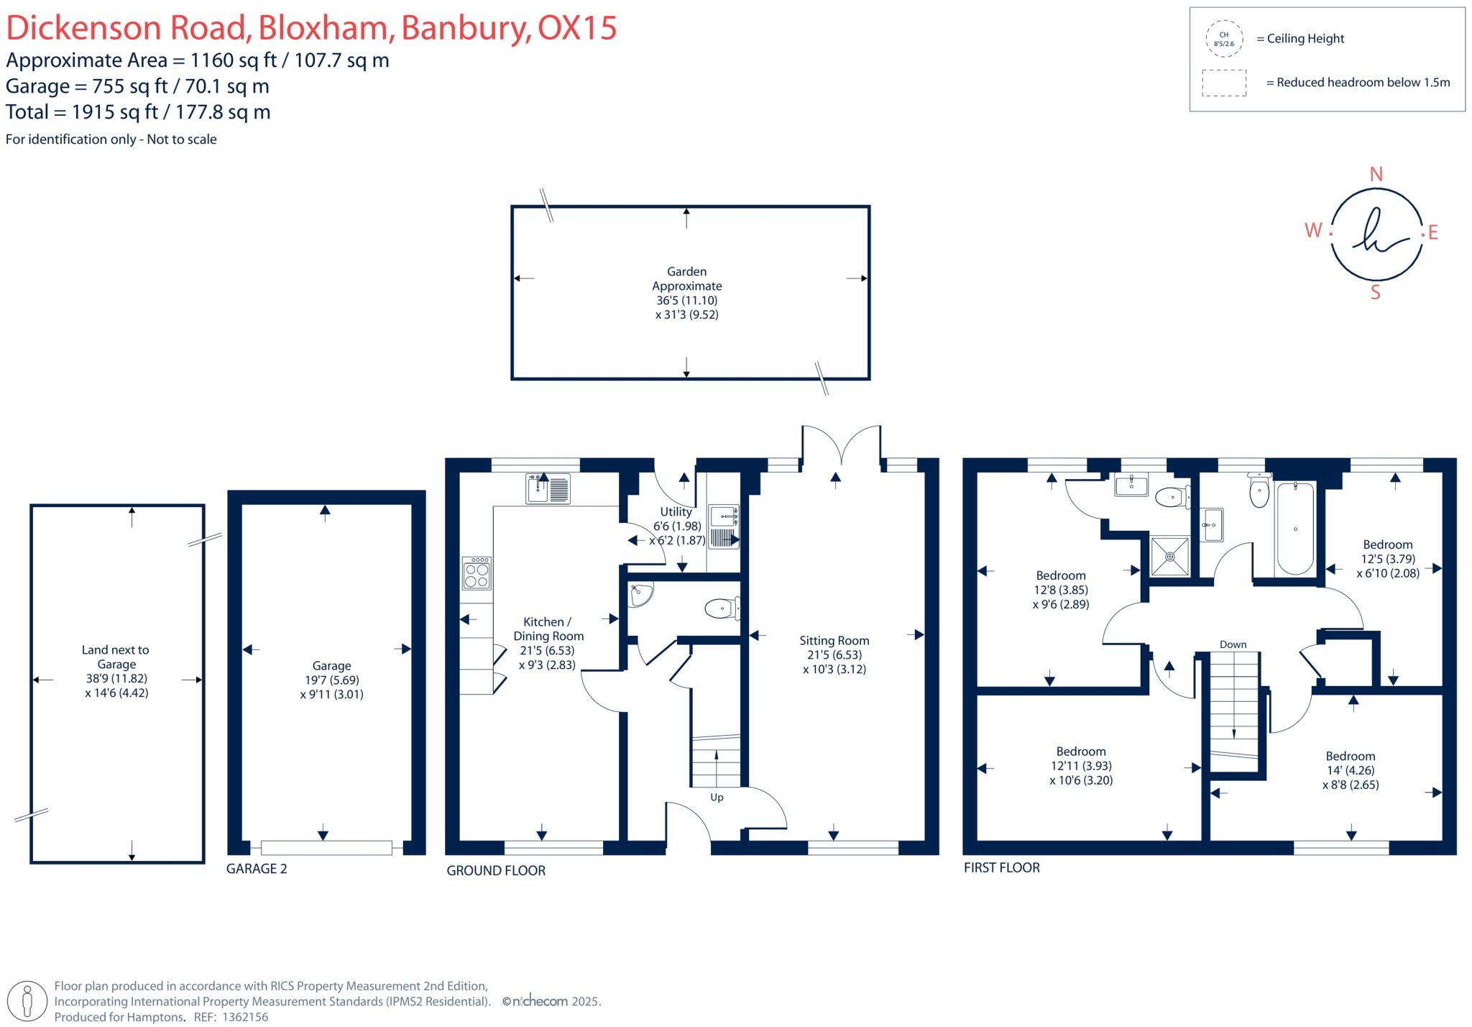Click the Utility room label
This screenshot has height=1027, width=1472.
tap(676, 512)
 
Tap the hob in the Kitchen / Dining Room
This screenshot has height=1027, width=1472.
tap(477, 573)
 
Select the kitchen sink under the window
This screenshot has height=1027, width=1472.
tap(548, 488)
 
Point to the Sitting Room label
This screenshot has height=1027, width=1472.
tap(834, 641)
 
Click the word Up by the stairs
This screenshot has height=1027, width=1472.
tap(717, 797)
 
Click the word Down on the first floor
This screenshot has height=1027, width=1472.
tap(1233, 644)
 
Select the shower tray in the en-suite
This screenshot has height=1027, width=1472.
tap(1169, 556)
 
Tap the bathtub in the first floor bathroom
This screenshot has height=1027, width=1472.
tap(1295, 529)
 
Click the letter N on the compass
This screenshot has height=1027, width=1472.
tap(1376, 175)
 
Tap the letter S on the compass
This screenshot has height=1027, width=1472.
tap(1375, 293)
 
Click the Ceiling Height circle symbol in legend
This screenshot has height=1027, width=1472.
tap(1223, 39)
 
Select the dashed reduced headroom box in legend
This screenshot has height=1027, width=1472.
tap(1223, 83)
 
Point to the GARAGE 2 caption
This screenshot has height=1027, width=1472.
tap(257, 869)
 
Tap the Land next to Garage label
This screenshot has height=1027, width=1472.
tap(116, 657)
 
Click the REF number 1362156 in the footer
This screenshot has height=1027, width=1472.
tap(245, 1017)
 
